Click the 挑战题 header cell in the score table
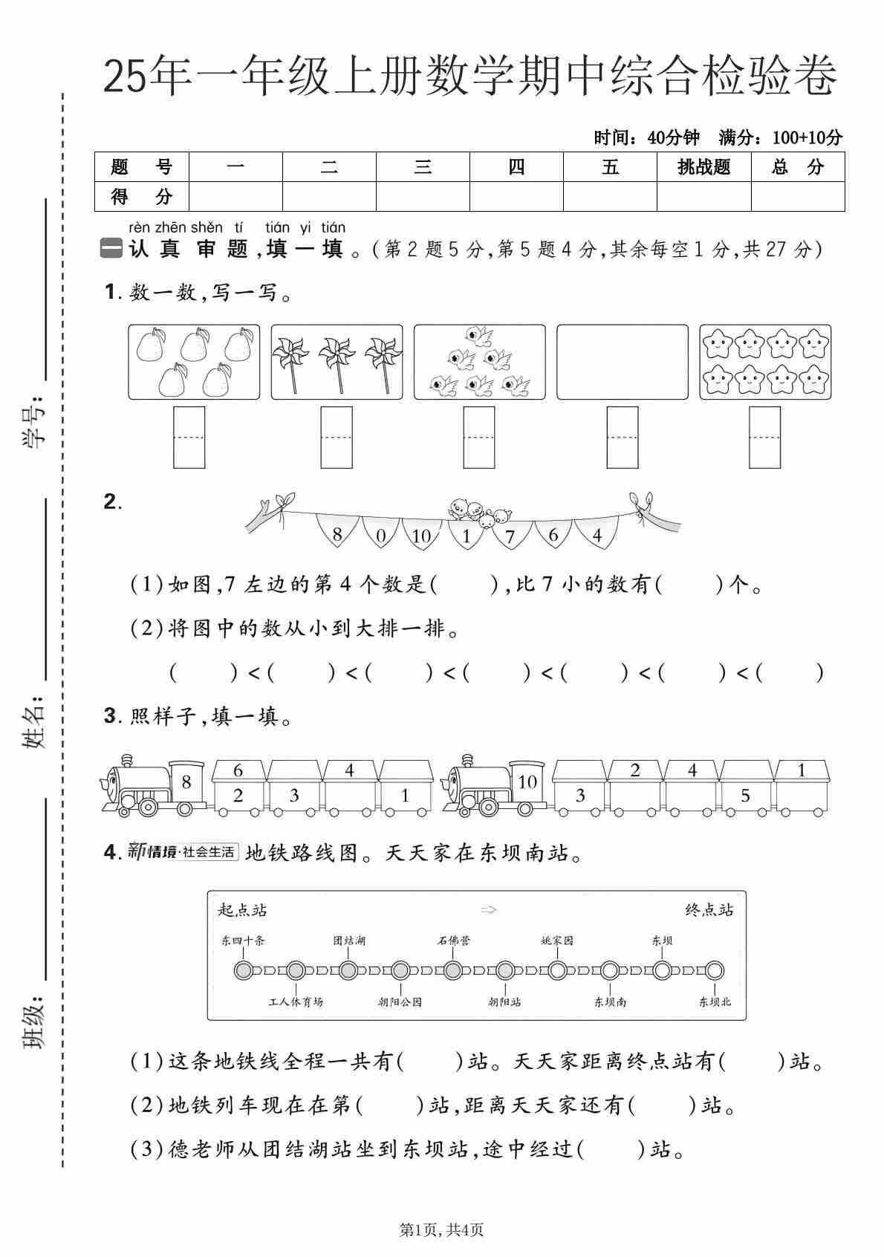tap(703, 167)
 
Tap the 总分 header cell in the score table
tap(798, 167)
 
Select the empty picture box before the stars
tap(622, 362)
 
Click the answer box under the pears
tap(189, 437)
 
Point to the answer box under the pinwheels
tap(337, 437)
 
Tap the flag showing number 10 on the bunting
tap(421, 535)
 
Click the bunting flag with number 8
tap(337, 533)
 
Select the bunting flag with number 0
tap(381, 535)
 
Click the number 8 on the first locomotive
tap(186, 782)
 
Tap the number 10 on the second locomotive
tap(527, 782)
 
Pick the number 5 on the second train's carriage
tap(745, 796)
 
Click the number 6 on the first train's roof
tap(238, 770)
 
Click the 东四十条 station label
tap(242, 941)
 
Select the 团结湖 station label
tap(348, 941)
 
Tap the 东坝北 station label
tap(715, 1001)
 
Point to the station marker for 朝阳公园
tap(400, 970)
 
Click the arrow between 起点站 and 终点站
tap(488, 910)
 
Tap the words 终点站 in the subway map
tap(709, 910)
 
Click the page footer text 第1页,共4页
tap(441, 1230)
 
